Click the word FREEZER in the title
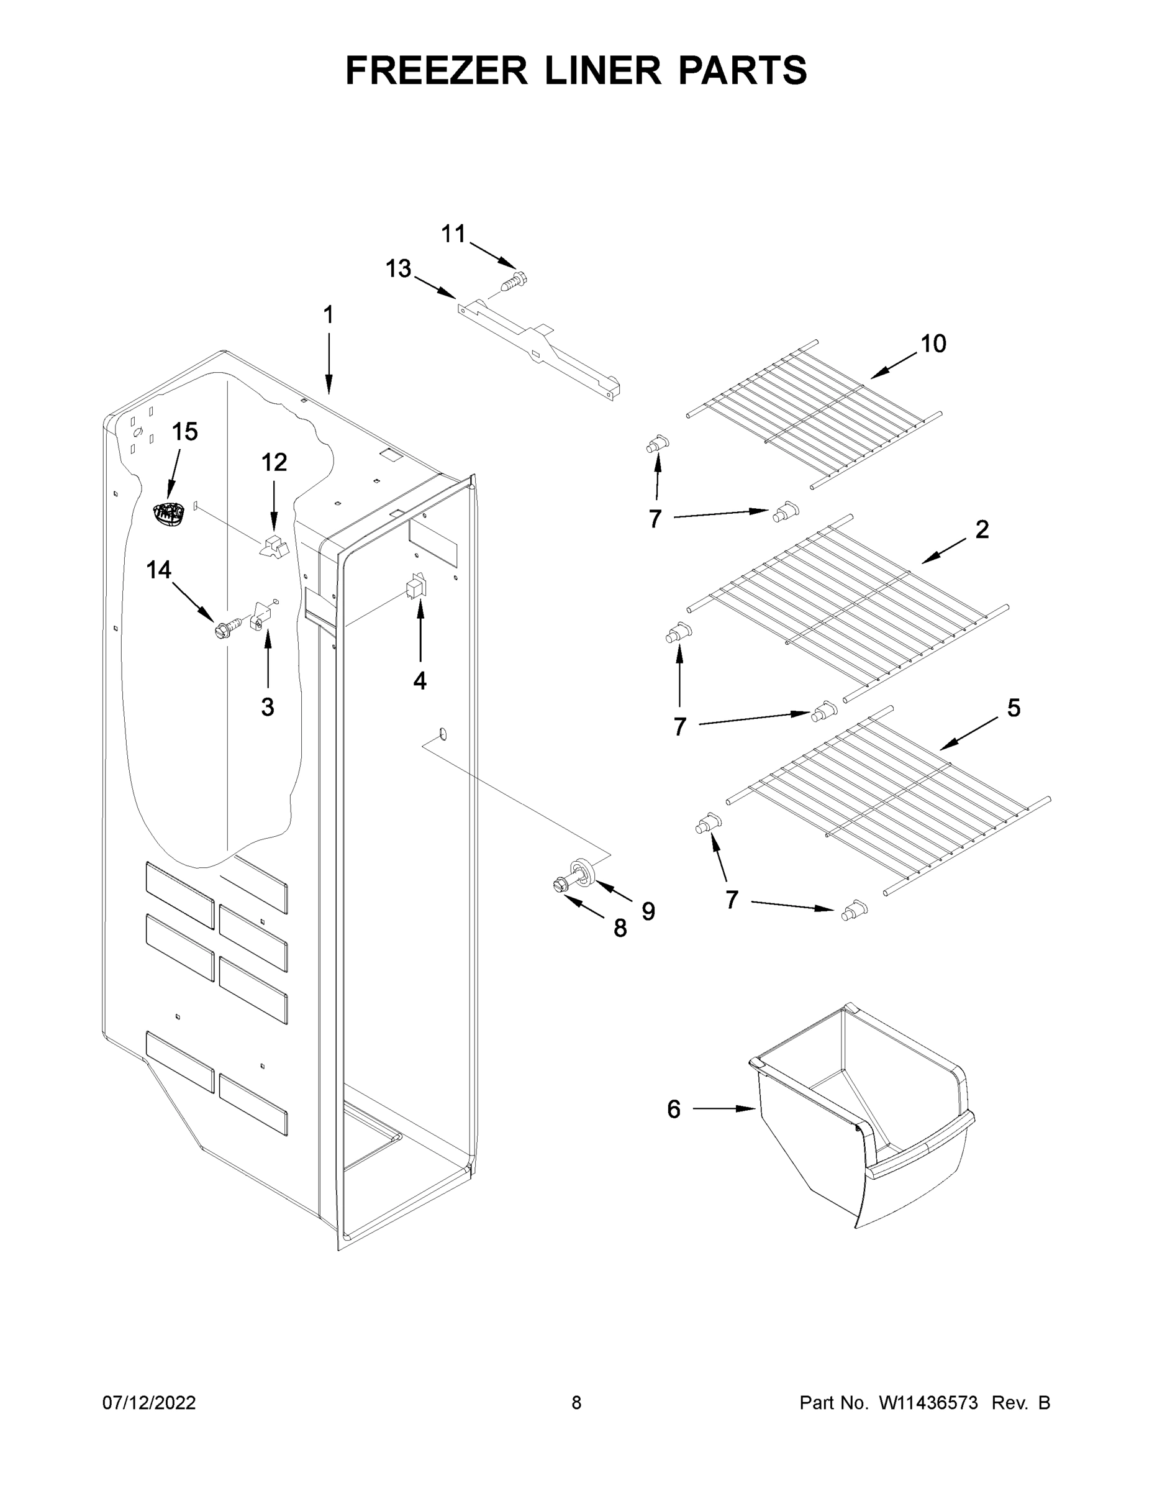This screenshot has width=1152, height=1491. (x=436, y=70)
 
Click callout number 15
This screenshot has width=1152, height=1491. (x=184, y=432)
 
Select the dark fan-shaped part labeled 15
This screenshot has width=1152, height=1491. (x=168, y=513)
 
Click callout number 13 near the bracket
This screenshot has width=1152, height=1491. (x=399, y=269)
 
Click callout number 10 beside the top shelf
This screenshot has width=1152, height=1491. (x=933, y=344)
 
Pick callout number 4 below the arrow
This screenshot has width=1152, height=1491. (x=420, y=680)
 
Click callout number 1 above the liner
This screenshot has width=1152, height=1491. (x=329, y=315)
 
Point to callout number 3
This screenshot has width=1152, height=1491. (x=268, y=707)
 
